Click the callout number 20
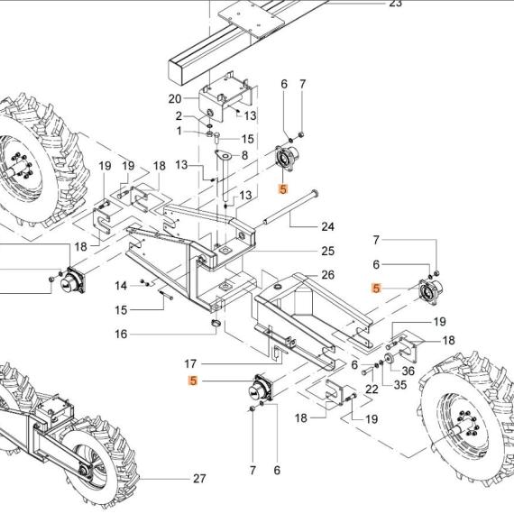click(x=175, y=99)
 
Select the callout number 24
click(x=327, y=227)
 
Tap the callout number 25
click(x=327, y=251)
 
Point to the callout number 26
click(x=327, y=275)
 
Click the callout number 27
click(x=199, y=479)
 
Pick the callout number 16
click(x=121, y=335)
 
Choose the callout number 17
click(x=190, y=364)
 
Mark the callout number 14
click(x=121, y=286)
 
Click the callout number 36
click(x=408, y=372)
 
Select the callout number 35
click(x=399, y=385)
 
